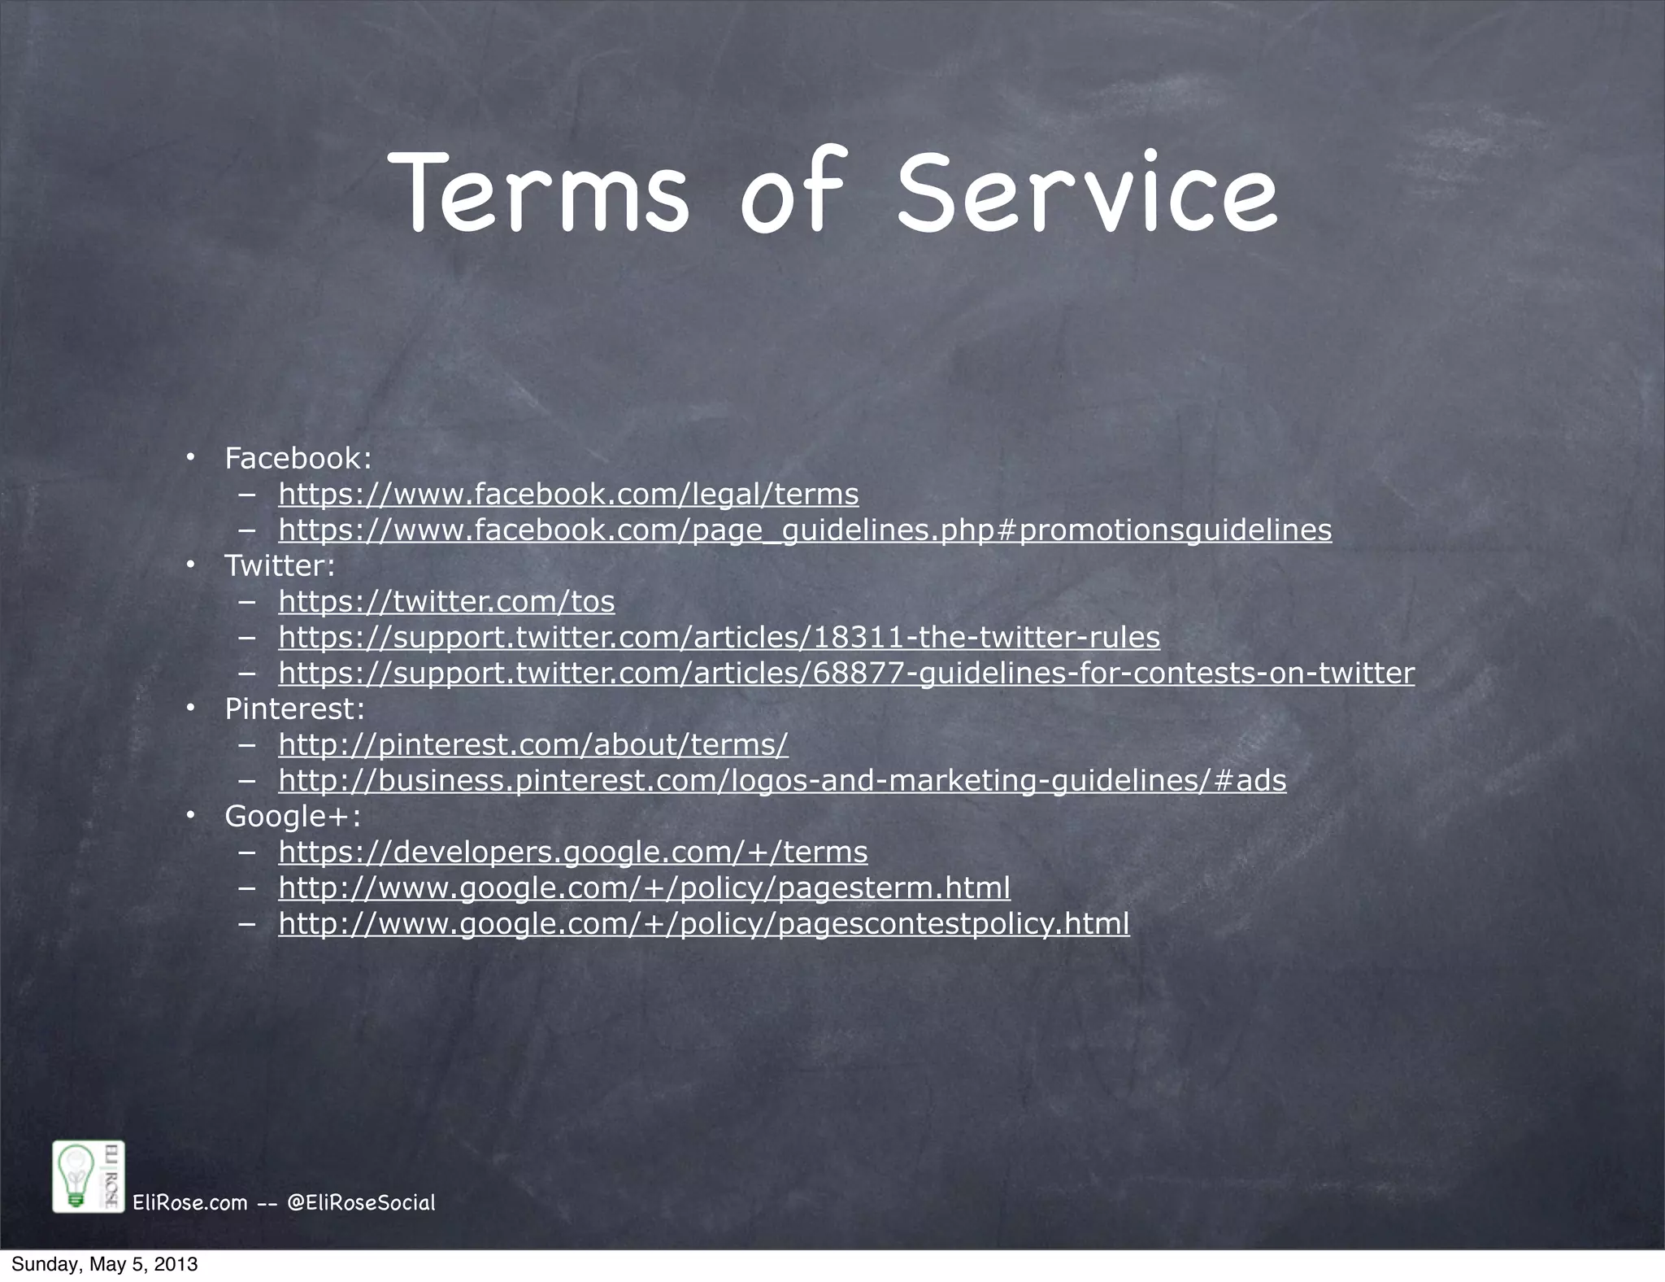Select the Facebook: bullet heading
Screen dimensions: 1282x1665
298,458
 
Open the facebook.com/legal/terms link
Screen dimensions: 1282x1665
568,494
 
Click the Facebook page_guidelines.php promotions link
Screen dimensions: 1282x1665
805,530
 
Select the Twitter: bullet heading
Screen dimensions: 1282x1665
280,565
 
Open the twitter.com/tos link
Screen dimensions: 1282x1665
446,601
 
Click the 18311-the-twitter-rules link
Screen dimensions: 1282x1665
719,637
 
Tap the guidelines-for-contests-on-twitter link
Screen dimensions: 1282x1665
846,673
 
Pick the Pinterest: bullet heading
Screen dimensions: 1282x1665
294,709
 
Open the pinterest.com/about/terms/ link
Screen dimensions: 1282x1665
533,744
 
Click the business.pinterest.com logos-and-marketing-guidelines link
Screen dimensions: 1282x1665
782,780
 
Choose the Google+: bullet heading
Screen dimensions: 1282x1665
293,816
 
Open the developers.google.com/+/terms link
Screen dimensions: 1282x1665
573,852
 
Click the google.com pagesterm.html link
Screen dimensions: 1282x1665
644,887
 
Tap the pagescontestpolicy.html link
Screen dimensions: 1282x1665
704,923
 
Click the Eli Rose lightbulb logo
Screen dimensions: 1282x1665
88,1177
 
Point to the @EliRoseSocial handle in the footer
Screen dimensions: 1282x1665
362,1202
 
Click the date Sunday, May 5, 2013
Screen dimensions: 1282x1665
104,1265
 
